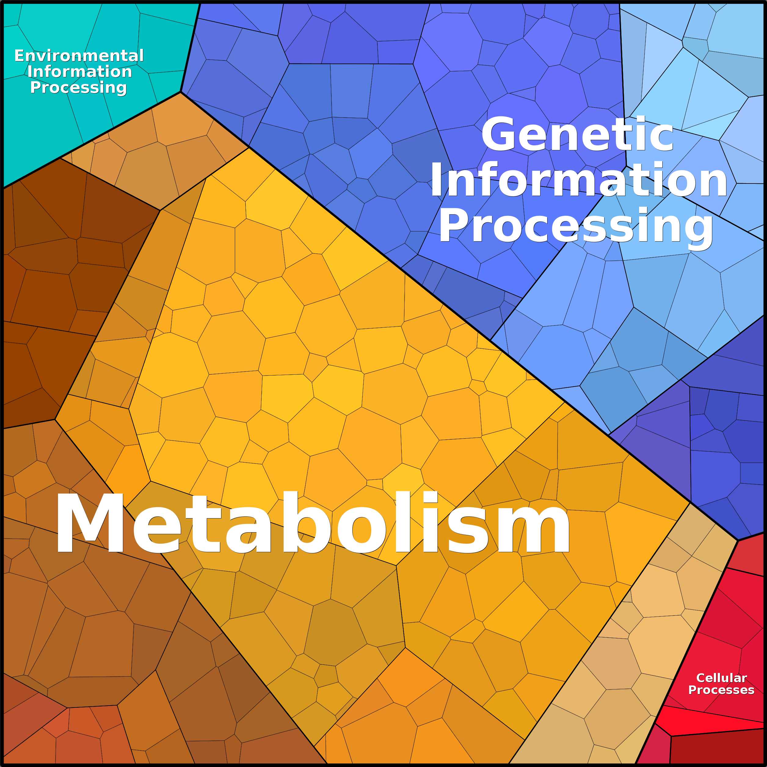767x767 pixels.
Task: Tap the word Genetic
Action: pos(578,134)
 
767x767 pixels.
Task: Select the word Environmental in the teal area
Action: pos(79,56)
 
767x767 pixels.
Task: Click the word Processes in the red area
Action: pos(721,690)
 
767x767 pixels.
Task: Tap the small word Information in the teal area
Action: pos(80,71)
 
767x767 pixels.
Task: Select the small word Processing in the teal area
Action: pos(78,88)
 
